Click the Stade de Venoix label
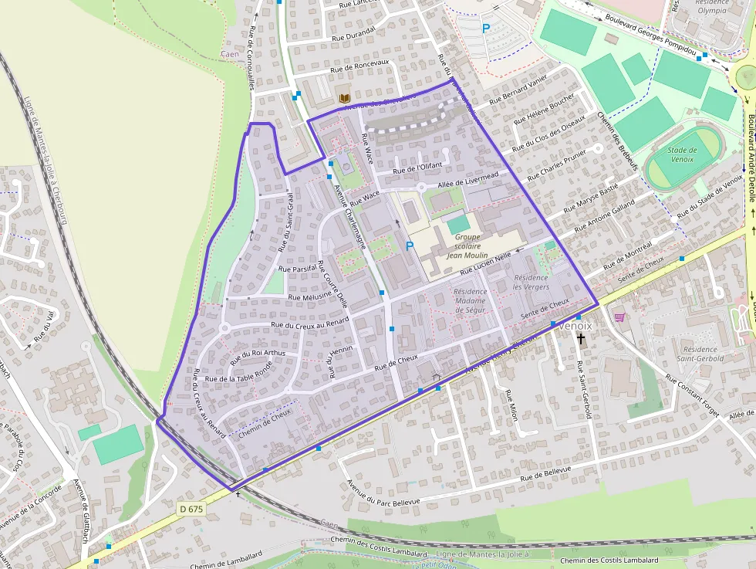(x=681, y=154)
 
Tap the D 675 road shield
(x=193, y=509)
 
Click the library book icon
(x=345, y=98)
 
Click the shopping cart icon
(x=619, y=317)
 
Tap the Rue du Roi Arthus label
(x=258, y=354)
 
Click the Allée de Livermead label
(x=467, y=179)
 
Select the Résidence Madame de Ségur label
(x=471, y=301)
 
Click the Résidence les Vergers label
(x=531, y=282)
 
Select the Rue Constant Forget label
(x=693, y=397)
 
